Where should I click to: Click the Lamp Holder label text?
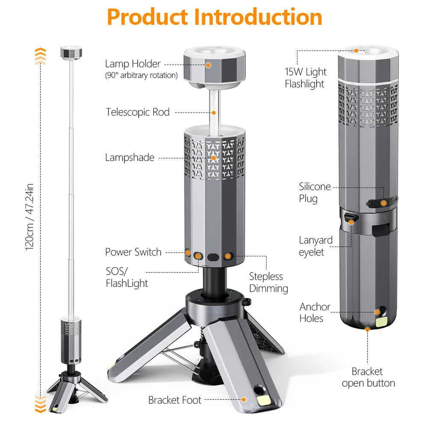tap(133, 64)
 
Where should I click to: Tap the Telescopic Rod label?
tap(138, 112)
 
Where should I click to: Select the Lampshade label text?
tap(129, 158)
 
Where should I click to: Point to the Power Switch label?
tap(133, 252)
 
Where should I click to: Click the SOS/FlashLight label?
tap(127, 277)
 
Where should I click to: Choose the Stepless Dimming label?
tap(268, 282)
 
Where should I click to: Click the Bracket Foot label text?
tap(175, 400)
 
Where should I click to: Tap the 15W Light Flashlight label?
tap(305, 77)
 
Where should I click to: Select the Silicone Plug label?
tap(315, 193)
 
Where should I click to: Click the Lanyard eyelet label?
tap(315, 246)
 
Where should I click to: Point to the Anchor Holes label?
tap(315, 312)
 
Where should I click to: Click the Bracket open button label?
tap(368, 377)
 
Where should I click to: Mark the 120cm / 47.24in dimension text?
tap(29, 217)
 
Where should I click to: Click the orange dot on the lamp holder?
tap(208, 65)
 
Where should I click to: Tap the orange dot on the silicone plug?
tap(383, 203)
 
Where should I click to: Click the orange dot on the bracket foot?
tap(244, 399)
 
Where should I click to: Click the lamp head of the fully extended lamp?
tap(71, 53)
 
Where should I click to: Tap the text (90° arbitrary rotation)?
tap(141, 75)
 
